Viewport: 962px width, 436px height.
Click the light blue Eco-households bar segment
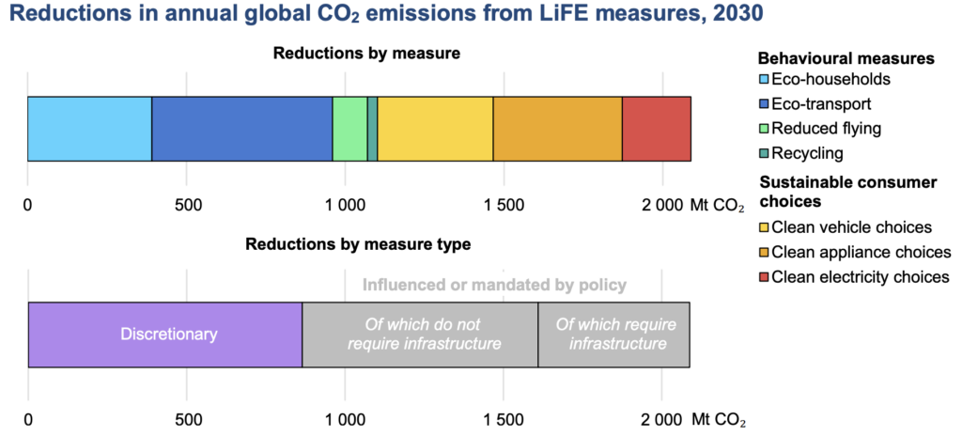pos(89,129)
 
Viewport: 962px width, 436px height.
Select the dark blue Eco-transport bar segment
pos(242,129)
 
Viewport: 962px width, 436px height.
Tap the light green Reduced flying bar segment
pos(349,129)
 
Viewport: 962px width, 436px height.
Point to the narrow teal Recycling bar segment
pos(372,129)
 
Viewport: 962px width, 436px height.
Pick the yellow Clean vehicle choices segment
pos(435,129)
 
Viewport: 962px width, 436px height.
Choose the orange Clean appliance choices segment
pos(557,129)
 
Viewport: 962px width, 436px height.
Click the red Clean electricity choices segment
pos(657,129)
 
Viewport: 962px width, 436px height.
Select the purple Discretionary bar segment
pos(165,335)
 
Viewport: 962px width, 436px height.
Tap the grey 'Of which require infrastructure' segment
pos(613,335)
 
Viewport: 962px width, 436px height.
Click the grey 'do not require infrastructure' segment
pos(420,335)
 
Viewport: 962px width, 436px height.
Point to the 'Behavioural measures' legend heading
pos(846,58)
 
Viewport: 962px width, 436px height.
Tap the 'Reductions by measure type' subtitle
pos(358,244)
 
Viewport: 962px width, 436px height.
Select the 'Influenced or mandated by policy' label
pos(494,285)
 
